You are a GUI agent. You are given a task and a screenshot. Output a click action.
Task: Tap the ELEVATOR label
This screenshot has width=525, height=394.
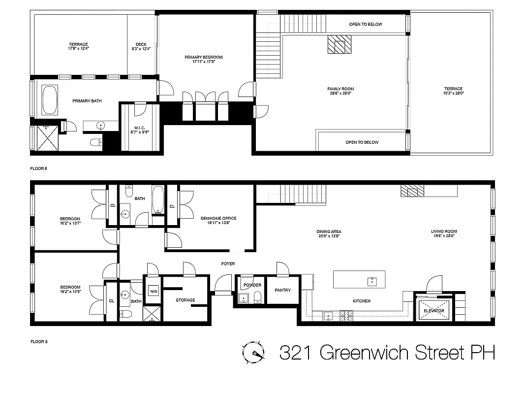[433, 311]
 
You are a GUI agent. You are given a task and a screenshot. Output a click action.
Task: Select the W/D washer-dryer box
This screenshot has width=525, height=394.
[153, 290]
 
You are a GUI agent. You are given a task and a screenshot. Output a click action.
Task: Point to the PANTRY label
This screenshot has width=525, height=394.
[282, 290]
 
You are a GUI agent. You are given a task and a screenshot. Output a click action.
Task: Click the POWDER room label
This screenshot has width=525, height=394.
[252, 285]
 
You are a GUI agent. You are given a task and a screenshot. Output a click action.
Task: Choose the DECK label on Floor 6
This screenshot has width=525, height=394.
[141, 44]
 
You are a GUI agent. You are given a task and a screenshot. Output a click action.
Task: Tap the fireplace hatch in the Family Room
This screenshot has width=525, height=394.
[339, 45]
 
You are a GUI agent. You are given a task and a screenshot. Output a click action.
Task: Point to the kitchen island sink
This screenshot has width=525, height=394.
[371, 282]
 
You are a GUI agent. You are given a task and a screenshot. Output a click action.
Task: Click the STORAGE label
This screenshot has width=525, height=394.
[185, 300]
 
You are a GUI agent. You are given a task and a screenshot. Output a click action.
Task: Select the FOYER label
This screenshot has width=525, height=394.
[228, 264]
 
